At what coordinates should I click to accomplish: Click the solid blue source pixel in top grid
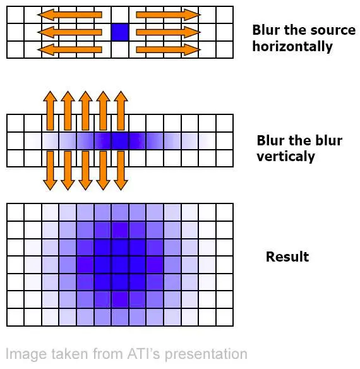pos(120,32)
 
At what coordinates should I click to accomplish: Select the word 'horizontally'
pos(292,46)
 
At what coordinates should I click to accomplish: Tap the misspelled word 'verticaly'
pos(285,156)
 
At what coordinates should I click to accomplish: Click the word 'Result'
pos(287,257)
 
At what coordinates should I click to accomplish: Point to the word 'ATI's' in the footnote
pos(143,353)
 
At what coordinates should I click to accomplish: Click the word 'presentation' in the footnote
pos(206,354)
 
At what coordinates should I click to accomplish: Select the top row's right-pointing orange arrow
pos(168,15)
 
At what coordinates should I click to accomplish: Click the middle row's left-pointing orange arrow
pos(69,32)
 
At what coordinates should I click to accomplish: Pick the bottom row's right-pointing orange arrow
pos(168,50)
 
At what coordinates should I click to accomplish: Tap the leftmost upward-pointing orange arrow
pos(50,111)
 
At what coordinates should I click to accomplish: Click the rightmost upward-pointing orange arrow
pos(121,111)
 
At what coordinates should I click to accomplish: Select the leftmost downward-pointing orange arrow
pos(50,171)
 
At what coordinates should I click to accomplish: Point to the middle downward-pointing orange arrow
pos(85,171)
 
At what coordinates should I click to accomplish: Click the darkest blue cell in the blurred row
pos(120,141)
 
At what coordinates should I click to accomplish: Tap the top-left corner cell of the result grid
pos(15,212)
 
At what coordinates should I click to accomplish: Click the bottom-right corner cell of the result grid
pos(225,317)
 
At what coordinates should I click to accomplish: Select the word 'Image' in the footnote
pos(26,354)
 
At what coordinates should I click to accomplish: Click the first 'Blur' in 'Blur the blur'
pos(270,140)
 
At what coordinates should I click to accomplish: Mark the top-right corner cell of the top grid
pos(225,15)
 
